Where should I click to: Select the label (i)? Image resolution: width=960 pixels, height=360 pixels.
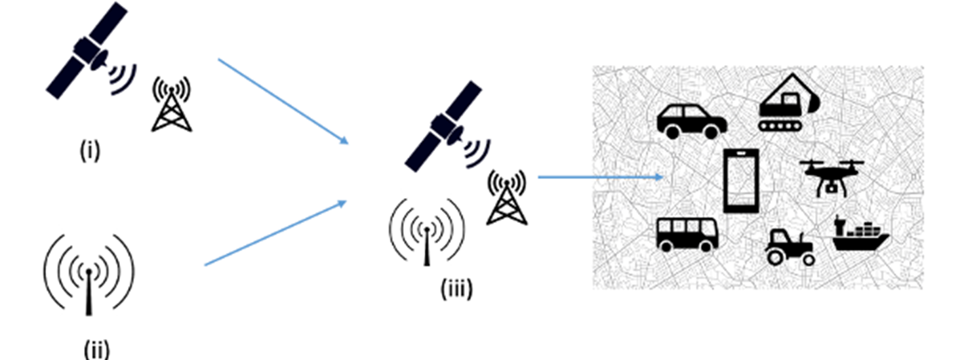tap(89, 151)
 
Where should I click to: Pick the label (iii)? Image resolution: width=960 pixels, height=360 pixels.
tap(456, 289)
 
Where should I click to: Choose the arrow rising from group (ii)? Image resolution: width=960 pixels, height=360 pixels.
tap(275, 233)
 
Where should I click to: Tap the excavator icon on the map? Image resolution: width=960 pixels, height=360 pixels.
tap(787, 105)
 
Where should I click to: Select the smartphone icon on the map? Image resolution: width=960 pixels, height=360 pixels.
tap(741, 181)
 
